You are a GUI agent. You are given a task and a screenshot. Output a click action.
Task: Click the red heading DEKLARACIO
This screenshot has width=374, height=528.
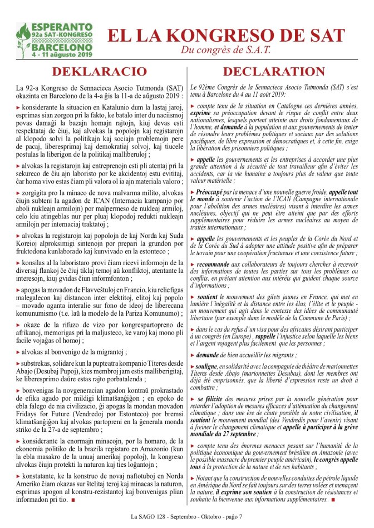(x=99, y=72)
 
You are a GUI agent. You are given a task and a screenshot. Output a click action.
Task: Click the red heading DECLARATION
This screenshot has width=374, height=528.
(x=274, y=72)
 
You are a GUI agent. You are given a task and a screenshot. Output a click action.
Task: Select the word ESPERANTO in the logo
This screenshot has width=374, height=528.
(x=61, y=27)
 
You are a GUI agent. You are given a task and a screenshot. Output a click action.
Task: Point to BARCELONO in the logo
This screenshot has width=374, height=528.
(x=61, y=48)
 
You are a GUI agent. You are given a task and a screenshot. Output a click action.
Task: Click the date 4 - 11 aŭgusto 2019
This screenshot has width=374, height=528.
(x=61, y=56)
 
